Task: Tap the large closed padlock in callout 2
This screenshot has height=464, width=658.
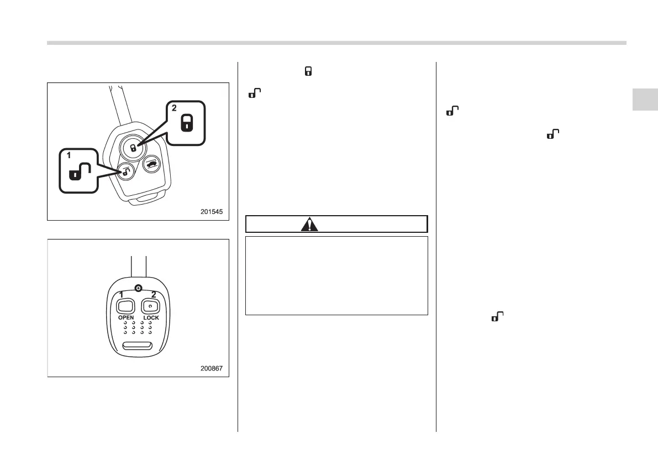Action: (x=187, y=122)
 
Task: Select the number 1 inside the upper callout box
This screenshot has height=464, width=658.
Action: (x=69, y=156)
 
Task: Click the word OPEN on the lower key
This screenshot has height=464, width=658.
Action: (x=126, y=318)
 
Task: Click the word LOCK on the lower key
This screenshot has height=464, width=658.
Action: (x=151, y=318)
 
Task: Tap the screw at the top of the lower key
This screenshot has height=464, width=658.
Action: (x=138, y=288)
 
